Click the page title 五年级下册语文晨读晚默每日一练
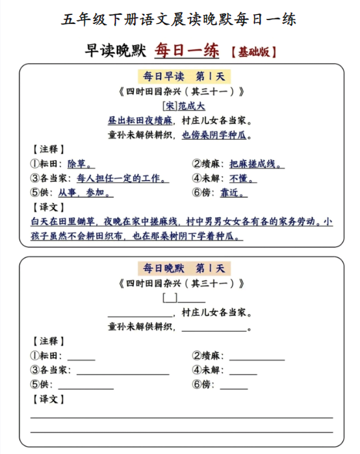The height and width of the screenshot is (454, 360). [x=179, y=19]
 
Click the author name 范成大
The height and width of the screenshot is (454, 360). [x=192, y=106]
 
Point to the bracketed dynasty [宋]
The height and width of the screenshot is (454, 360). [x=170, y=106]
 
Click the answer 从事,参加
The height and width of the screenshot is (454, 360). [x=86, y=193]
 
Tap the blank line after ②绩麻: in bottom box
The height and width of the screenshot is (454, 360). [x=257, y=357]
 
